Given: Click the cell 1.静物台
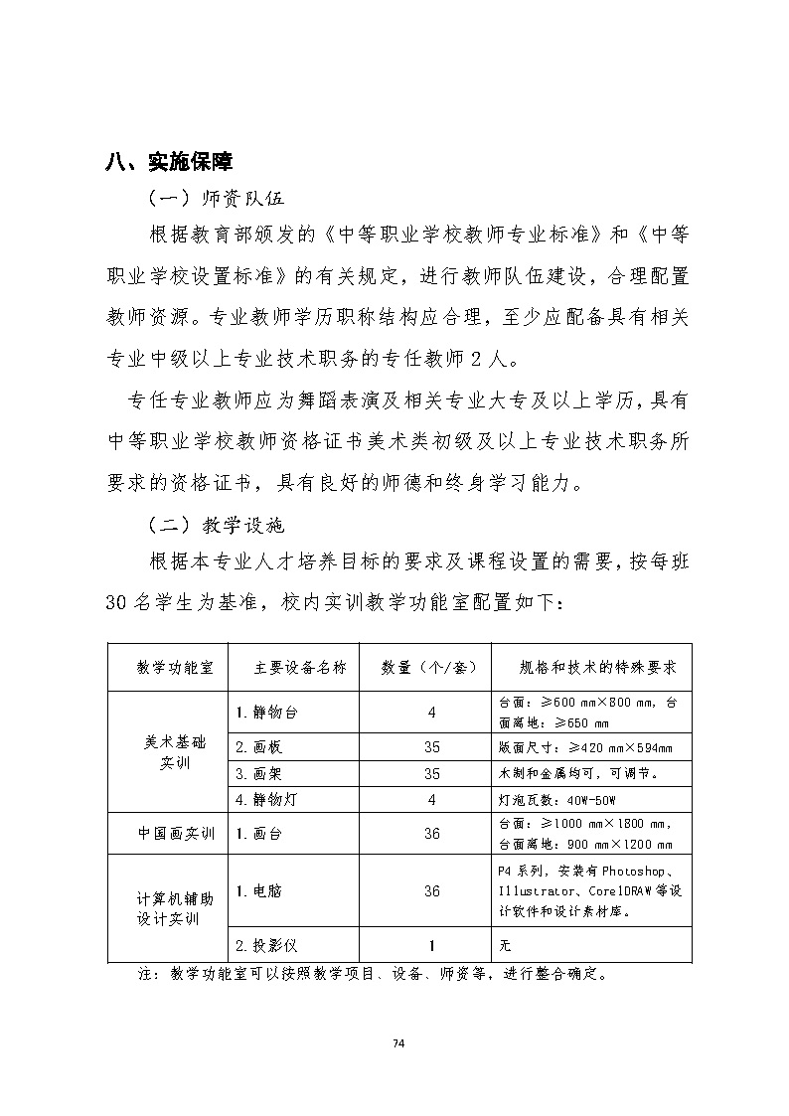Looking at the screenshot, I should click(267, 713).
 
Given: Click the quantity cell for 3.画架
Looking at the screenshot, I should click(431, 773).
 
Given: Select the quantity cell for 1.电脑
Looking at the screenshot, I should click(431, 891).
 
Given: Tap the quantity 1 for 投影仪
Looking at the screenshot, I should click(431, 945).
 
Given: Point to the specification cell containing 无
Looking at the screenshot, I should click(505, 945).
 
